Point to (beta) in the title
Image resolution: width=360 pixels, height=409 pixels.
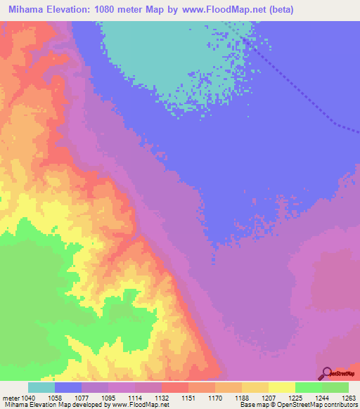(277, 10)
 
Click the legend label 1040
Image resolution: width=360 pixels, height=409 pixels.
(29, 398)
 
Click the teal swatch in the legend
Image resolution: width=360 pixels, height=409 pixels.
(41, 387)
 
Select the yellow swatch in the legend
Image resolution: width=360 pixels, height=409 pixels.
(282, 387)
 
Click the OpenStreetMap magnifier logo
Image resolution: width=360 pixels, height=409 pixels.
(326, 373)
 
